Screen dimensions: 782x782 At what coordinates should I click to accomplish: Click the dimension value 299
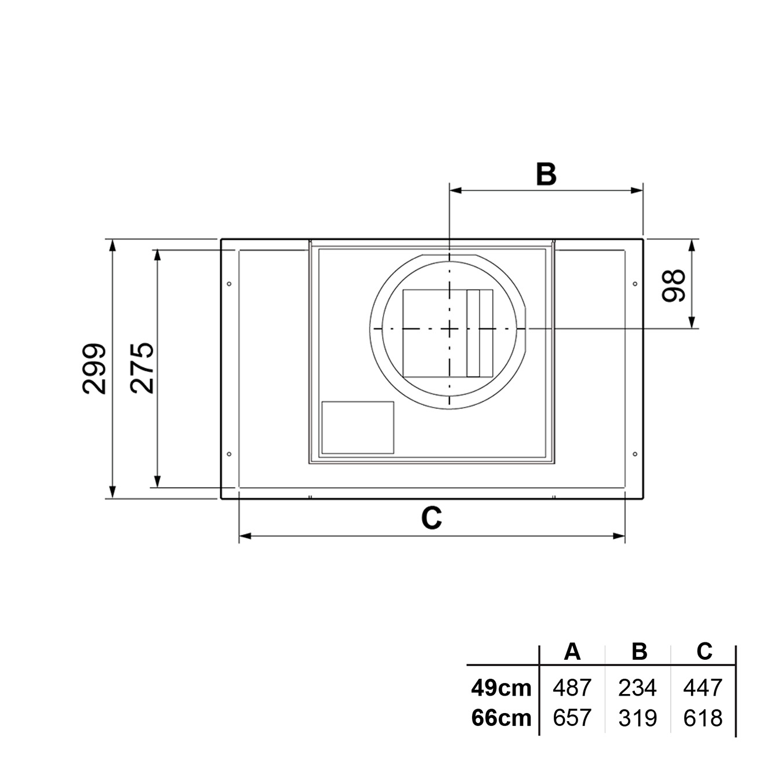94,368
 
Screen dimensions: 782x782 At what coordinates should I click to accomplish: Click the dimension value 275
142,368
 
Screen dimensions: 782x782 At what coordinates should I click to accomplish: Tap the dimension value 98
674,286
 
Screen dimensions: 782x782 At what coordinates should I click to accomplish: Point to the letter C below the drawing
432,518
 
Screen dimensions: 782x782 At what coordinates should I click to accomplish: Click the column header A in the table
572,651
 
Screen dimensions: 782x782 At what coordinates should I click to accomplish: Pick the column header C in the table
704,651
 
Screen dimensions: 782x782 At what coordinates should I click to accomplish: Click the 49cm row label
501,688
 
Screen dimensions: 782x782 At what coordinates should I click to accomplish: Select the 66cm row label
501,718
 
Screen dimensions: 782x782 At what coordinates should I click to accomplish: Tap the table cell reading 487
572,688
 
